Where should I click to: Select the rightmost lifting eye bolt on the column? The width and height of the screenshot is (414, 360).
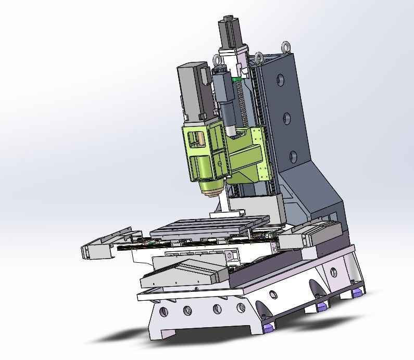point(286,48)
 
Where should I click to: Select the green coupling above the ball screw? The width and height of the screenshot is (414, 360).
point(236,79)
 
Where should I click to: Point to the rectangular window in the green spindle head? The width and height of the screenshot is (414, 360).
point(196,138)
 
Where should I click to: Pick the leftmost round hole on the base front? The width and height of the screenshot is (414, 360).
point(164,312)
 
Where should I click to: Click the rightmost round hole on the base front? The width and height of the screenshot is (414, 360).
point(241,308)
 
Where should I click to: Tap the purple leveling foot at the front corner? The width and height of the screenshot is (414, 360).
point(269,327)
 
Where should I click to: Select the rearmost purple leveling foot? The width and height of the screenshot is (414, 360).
point(357,292)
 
